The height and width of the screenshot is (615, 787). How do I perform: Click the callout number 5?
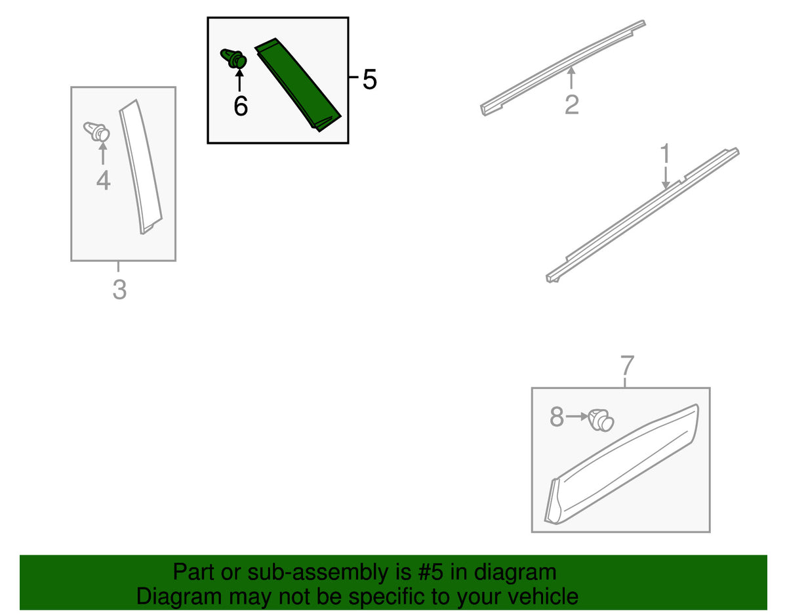[369, 79]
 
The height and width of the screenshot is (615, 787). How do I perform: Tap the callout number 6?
[241, 106]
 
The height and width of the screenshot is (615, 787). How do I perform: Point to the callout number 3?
[119, 289]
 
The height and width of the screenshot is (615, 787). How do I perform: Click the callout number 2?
[571, 104]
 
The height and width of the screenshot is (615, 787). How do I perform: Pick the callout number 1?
[665, 153]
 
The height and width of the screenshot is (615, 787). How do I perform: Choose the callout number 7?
[627, 366]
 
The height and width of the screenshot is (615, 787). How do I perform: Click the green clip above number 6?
[233, 59]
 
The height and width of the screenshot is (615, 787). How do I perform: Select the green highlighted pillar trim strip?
[298, 84]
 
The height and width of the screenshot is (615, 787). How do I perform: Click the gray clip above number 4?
[96, 131]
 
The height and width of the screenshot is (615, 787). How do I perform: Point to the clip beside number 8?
[601, 420]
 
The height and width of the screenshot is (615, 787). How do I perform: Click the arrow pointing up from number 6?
[239, 79]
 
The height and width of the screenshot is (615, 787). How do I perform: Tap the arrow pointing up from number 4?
[103, 154]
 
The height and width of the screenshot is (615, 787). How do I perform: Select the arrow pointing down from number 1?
[665, 178]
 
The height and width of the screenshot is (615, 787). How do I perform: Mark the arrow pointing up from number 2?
[571, 77]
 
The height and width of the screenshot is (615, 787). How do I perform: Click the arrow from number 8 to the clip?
[576, 416]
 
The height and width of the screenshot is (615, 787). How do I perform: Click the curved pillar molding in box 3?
[140, 167]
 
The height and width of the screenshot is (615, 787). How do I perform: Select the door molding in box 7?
[622, 464]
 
